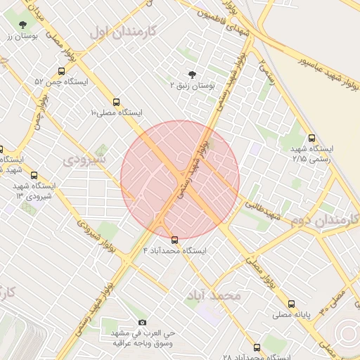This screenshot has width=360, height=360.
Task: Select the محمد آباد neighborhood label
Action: click(x=212, y=295)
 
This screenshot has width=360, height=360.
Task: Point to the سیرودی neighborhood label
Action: click(x=84, y=160)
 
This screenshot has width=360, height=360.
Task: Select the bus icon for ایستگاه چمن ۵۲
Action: click(x=62, y=71)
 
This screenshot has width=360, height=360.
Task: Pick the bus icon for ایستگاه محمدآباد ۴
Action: click(x=175, y=240)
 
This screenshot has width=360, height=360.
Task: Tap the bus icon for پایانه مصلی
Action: click(x=291, y=304)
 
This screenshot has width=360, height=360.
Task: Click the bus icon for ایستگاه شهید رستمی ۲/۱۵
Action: click(x=311, y=138)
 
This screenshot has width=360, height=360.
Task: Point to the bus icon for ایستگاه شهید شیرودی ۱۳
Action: click(x=34, y=176)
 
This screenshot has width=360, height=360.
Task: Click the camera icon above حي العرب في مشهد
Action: click(x=142, y=322)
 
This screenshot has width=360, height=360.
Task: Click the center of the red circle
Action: click(x=180, y=180)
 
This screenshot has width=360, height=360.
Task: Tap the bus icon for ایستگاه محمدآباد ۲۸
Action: click(x=257, y=347)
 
